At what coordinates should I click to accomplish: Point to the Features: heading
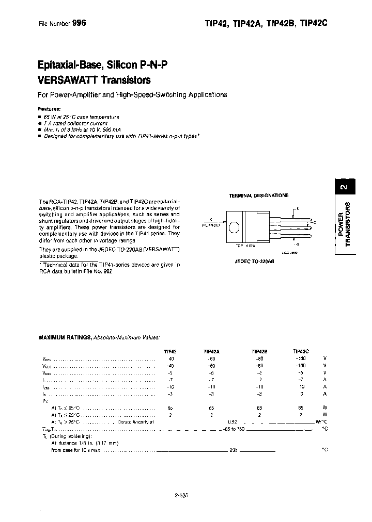click(x=50, y=109)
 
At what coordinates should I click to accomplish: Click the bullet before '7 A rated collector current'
click(x=40, y=123)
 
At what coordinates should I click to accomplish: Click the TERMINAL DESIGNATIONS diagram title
click(x=258, y=195)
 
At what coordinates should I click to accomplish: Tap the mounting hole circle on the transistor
click(x=234, y=227)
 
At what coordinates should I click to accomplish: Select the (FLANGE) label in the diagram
click(x=211, y=225)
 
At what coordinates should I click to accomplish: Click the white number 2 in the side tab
click(x=346, y=187)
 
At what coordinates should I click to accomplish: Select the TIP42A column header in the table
click(x=213, y=351)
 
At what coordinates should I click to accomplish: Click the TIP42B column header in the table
click(x=259, y=351)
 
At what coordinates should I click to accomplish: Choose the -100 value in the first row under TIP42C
click(x=301, y=358)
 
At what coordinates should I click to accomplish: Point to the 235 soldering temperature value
click(x=234, y=450)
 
